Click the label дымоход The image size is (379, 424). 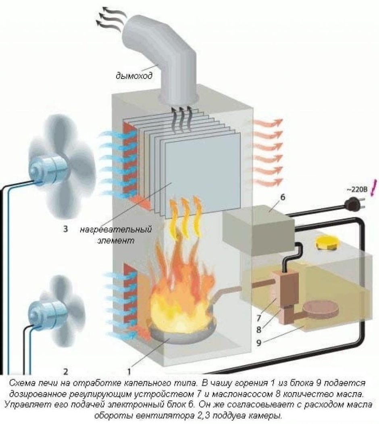[134, 75]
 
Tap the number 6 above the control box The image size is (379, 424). [283, 197]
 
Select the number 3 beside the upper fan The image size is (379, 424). [65, 230]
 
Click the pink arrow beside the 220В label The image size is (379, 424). [374, 186]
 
